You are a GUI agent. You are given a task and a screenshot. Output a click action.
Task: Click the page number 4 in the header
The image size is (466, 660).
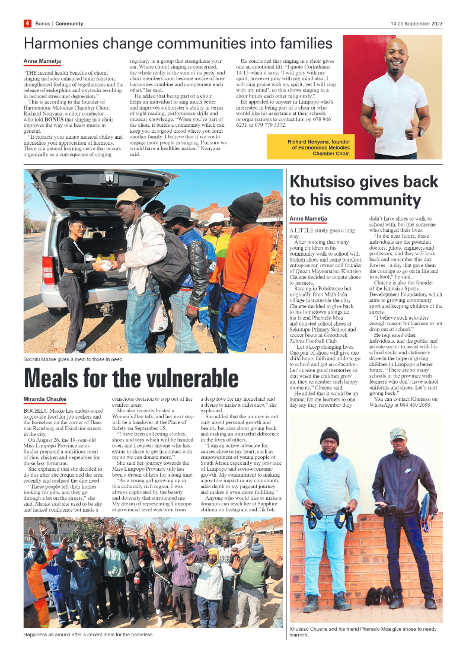point(27,24)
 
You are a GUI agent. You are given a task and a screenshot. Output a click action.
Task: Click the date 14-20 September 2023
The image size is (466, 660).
point(416,24)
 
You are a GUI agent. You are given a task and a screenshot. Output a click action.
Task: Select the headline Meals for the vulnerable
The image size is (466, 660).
point(131,378)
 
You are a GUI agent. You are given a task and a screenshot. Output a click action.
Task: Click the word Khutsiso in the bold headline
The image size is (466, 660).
point(330,182)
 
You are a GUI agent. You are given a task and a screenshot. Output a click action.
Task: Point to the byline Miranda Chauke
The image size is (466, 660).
point(44,399)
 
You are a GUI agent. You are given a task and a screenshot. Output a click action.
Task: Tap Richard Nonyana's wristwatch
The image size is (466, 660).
point(420,131)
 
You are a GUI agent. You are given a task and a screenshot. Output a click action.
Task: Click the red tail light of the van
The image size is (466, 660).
point(48,270)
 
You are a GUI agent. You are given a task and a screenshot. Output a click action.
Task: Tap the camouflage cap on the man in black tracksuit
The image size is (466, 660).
point(398,434)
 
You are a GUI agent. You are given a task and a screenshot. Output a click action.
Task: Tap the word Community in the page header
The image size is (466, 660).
point(69,24)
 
